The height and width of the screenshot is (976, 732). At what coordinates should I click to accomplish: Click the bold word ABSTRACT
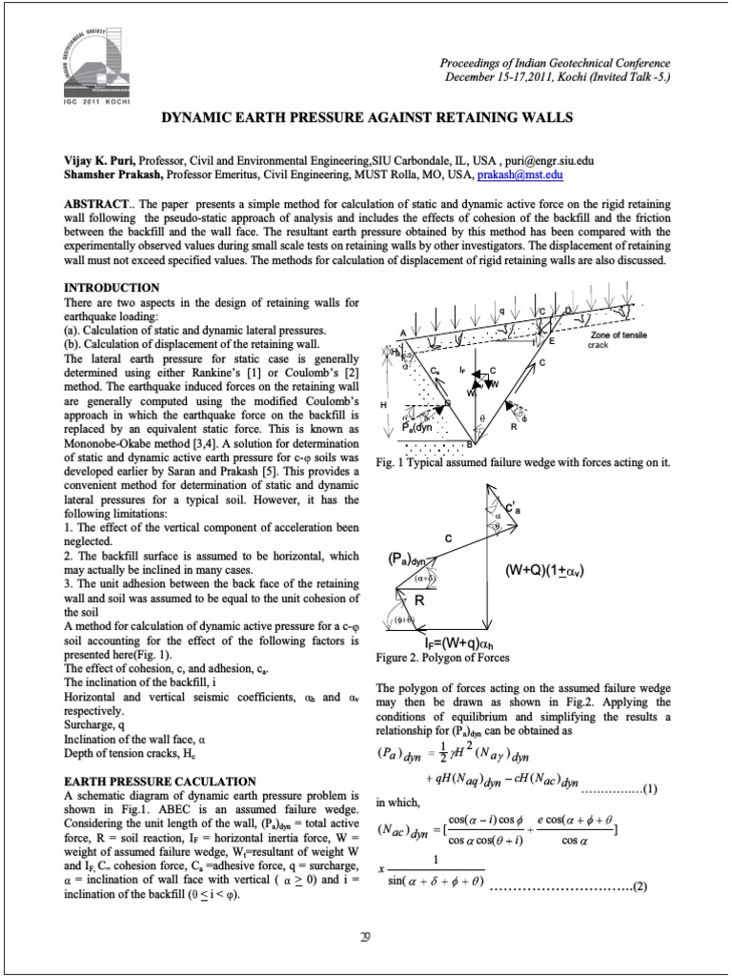click(95, 206)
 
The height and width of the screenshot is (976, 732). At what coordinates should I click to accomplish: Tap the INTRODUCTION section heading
click(112, 288)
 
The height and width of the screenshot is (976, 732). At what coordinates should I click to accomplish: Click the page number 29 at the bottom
click(365, 936)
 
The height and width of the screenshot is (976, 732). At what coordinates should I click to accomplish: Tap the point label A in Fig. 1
click(402, 332)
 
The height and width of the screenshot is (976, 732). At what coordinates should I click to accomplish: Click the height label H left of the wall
click(384, 405)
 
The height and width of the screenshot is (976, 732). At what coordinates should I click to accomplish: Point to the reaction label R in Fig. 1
click(513, 428)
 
